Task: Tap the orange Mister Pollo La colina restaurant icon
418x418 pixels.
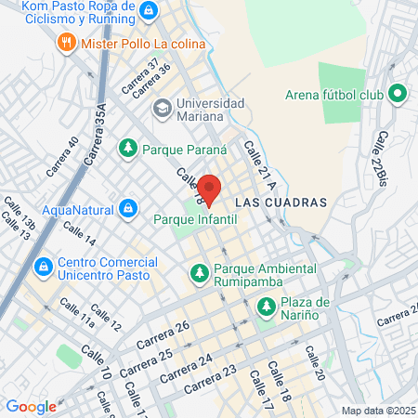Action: click(x=66, y=42)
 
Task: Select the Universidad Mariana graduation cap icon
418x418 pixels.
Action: click(x=162, y=109)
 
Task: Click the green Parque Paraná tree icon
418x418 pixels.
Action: click(x=127, y=148)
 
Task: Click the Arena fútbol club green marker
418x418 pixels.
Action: click(x=398, y=94)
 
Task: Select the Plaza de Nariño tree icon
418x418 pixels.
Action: click(x=267, y=305)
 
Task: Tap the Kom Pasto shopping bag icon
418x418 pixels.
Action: click(x=150, y=10)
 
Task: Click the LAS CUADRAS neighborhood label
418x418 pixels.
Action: click(x=281, y=202)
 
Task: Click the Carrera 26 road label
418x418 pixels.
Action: click(x=163, y=335)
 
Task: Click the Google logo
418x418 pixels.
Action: click(x=32, y=406)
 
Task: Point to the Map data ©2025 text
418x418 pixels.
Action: click(x=375, y=411)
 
